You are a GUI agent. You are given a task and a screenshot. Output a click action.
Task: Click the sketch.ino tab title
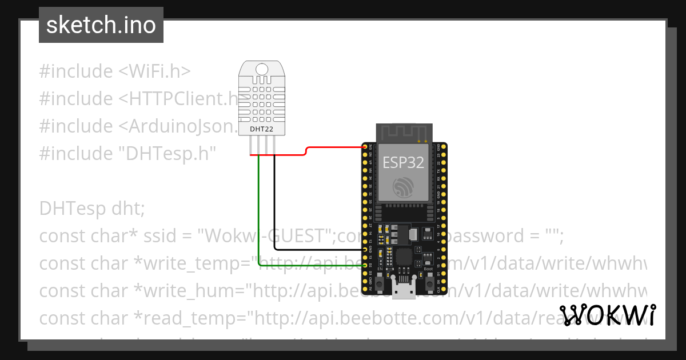[101, 25]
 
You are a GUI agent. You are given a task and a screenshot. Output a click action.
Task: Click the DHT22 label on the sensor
[261, 129]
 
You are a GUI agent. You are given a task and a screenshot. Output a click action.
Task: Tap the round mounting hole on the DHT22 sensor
[261, 69]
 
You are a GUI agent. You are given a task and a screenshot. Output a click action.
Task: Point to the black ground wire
[274, 211]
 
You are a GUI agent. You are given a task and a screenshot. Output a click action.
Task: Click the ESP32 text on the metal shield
[403, 163]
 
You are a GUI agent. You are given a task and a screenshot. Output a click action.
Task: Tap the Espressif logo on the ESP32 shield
[403, 187]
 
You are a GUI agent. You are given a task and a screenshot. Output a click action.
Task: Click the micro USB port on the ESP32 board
[405, 290]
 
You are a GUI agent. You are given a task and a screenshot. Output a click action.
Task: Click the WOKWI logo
[608, 315]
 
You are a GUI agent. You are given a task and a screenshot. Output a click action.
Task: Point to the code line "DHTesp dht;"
[92, 209]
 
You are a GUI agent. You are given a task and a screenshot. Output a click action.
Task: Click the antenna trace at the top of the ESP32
[403, 134]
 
